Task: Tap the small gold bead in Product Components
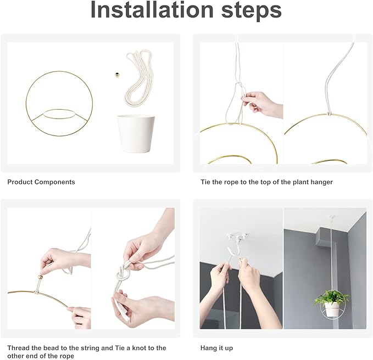click(x=117, y=75)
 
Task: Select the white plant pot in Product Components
click(x=136, y=134)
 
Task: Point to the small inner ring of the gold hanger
click(x=58, y=109)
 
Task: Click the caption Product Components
click(x=41, y=182)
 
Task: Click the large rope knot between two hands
click(x=123, y=274)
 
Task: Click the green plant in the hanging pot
click(x=332, y=297)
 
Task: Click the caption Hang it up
click(x=216, y=348)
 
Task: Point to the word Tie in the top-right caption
click(x=205, y=182)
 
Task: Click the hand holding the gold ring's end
click(x=79, y=317)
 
